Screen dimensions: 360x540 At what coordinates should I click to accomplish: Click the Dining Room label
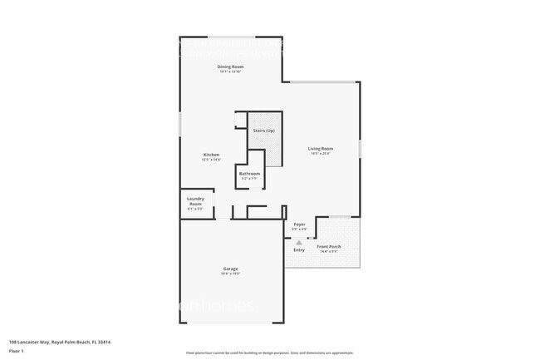click(230, 67)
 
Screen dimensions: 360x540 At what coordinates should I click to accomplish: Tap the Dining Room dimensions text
click(230, 72)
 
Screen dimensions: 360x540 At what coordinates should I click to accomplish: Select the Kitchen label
click(212, 155)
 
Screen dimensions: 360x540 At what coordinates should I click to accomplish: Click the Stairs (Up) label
click(264, 131)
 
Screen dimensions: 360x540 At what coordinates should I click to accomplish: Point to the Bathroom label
click(250, 174)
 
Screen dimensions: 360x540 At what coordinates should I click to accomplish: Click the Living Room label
click(321, 148)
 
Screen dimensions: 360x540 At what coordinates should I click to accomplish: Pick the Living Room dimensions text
click(321, 154)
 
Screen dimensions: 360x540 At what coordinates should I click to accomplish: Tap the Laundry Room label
click(196, 200)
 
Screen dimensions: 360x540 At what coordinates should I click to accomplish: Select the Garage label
click(231, 269)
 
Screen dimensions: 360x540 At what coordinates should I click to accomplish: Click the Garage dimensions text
click(231, 274)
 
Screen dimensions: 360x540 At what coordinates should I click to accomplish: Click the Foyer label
click(299, 224)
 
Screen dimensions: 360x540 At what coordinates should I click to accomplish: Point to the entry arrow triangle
click(299, 242)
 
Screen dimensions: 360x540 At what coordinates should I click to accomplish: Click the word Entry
click(299, 249)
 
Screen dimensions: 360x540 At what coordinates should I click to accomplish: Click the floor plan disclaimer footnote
click(269, 353)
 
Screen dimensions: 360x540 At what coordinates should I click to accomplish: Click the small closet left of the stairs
click(240, 121)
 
